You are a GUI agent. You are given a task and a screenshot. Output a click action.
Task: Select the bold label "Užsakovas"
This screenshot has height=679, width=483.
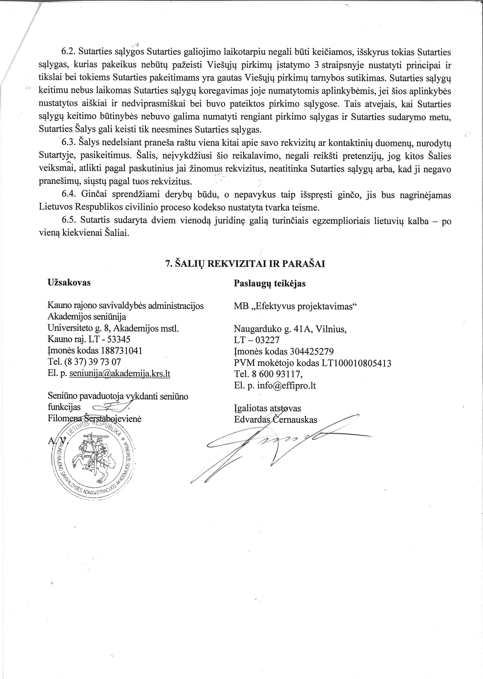pos(69,282)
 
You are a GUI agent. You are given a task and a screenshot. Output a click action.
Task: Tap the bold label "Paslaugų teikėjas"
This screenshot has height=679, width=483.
pos(269,283)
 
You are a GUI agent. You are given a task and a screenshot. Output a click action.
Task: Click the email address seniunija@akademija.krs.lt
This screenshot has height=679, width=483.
pos(120,373)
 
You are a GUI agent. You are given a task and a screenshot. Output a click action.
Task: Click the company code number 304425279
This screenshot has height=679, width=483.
pos(311,352)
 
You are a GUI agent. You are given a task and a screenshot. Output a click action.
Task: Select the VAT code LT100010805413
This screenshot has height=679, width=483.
pos(340,363)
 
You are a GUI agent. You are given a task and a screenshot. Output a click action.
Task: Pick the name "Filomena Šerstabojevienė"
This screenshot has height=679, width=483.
pos(94,419)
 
